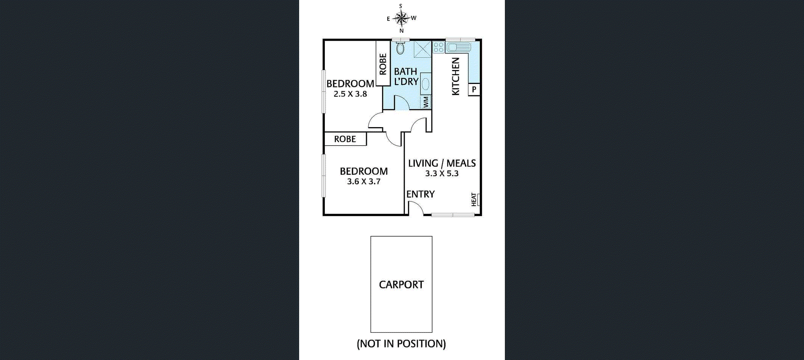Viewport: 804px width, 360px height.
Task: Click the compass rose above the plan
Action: coord(401,18)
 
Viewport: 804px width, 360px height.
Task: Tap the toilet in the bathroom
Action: coord(400,48)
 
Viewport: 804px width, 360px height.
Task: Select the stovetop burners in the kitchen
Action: coord(439,47)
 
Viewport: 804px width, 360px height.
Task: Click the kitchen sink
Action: coord(458,47)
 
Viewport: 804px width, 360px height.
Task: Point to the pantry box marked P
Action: coord(474,90)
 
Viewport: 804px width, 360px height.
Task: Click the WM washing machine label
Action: coord(426,102)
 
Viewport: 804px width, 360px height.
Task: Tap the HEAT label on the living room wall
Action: coord(474,200)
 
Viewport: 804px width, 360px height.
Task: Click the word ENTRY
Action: coord(421,194)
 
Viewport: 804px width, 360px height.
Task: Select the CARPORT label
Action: coord(401,285)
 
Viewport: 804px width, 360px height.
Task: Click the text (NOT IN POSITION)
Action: coord(401,344)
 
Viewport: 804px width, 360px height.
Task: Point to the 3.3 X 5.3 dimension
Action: coord(442,174)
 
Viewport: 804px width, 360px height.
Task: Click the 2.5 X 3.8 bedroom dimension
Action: coord(350,94)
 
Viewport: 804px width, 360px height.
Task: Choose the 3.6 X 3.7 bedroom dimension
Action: coord(364,182)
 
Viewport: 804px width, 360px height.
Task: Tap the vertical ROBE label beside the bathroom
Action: coord(383,64)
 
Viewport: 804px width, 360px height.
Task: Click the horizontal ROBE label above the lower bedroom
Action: coord(345,139)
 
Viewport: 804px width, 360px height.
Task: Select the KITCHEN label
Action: coord(456,76)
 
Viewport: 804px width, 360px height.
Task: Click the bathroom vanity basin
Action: coord(426,84)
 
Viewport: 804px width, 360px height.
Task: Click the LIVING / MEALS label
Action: coord(442,163)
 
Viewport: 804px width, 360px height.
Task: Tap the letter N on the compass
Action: coord(402,31)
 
